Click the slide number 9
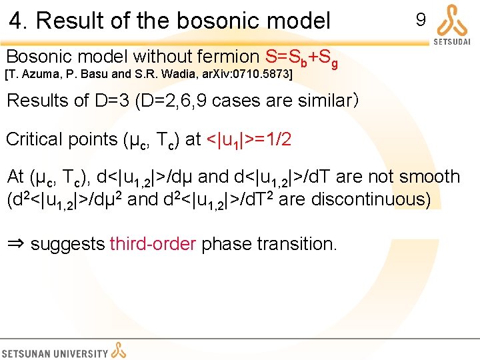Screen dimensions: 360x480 pos(421,20)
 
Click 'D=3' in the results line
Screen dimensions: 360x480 pos(113,101)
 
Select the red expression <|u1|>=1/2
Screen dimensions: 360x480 pos(247,139)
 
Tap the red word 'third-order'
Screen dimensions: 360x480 pos(153,244)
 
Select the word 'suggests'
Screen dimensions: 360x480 pos(68,244)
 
